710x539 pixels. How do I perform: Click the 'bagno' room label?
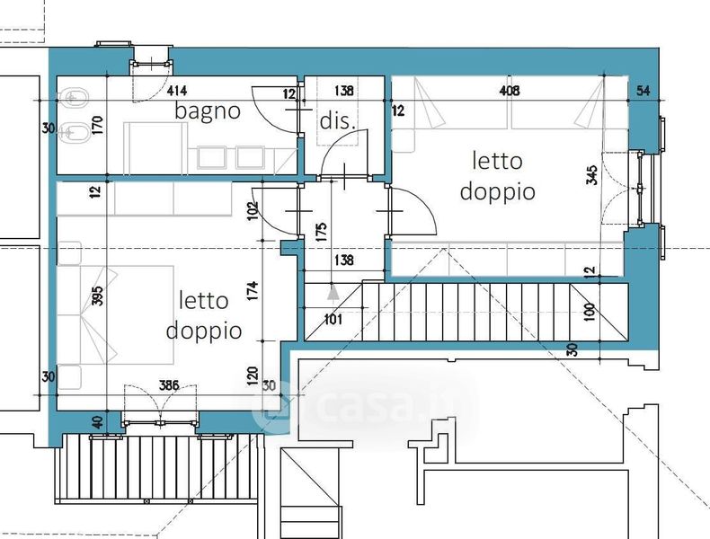point(208,111)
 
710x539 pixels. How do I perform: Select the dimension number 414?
point(177,91)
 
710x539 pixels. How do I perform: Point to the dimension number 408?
point(510,91)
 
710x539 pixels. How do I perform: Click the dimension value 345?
point(592,174)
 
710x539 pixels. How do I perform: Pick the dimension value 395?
point(97,296)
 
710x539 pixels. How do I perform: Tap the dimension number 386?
point(169,385)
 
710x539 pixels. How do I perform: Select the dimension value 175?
point(321,232)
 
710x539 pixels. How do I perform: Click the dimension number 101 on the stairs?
point(333,320)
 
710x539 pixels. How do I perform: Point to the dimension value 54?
point(643,91)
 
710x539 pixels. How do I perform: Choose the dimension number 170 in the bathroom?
point(97,125)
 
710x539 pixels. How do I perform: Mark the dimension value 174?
point(253,290)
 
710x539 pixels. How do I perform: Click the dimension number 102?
point(253,210)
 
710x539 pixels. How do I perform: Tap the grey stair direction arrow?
point(333,292)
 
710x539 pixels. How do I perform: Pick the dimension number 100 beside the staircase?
point(589,312)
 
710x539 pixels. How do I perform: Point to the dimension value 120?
point(253,376)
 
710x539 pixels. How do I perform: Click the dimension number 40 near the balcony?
point(97,423)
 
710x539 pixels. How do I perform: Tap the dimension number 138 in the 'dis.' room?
point(344,91)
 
